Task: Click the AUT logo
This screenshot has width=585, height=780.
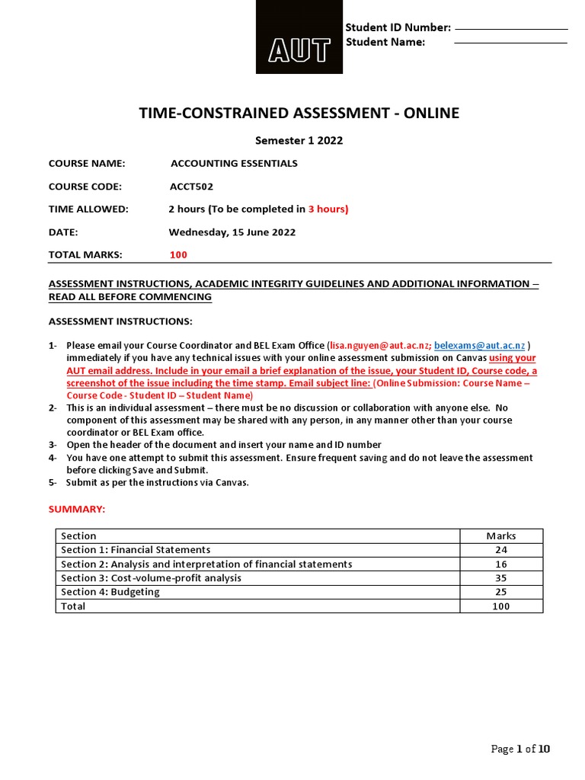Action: coord(299,38)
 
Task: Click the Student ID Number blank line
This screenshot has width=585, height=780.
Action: coord(510,29)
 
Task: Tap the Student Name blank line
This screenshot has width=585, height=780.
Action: coord(510,43)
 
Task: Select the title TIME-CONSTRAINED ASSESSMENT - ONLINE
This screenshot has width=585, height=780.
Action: coord(299,113)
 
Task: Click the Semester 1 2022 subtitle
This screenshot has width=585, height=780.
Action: coord(298,140)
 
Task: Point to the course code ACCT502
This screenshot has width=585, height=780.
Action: coord(191,186)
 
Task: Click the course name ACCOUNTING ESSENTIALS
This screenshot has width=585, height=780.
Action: coord(234,163)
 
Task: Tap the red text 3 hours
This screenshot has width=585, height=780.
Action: coord(328,209)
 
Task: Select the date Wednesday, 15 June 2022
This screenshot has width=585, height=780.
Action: coord(232,232)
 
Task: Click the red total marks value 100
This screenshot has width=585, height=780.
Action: coord(178,254)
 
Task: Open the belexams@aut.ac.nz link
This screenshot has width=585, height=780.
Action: coord(479,345)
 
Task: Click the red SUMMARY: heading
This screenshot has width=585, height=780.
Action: coord(77,508)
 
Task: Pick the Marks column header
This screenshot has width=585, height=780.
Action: coord(500,535)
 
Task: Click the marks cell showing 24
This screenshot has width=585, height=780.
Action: coord(500,550)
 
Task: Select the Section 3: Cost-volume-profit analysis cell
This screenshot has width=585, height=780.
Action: coord(151,578)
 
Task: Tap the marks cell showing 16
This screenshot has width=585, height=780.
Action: coord(500,564)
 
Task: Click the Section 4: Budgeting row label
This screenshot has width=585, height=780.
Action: coord(110,592)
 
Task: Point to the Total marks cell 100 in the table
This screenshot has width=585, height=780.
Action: coord(500,606)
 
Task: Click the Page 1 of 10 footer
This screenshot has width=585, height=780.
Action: coord(520,749)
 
